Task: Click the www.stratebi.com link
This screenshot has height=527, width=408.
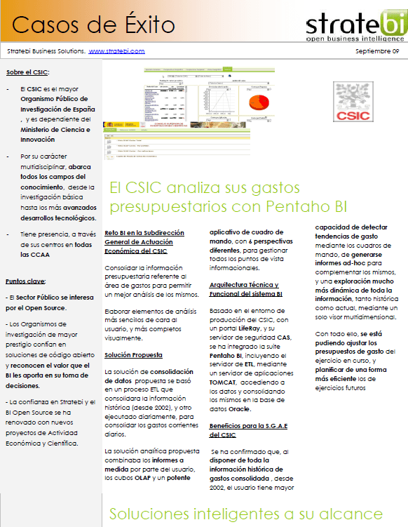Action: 116,51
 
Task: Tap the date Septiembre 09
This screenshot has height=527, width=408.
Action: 376,51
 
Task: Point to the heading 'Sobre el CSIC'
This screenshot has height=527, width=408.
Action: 27,72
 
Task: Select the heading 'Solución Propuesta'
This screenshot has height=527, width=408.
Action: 133,355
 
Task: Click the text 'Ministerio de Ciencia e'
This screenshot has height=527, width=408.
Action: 55,130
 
